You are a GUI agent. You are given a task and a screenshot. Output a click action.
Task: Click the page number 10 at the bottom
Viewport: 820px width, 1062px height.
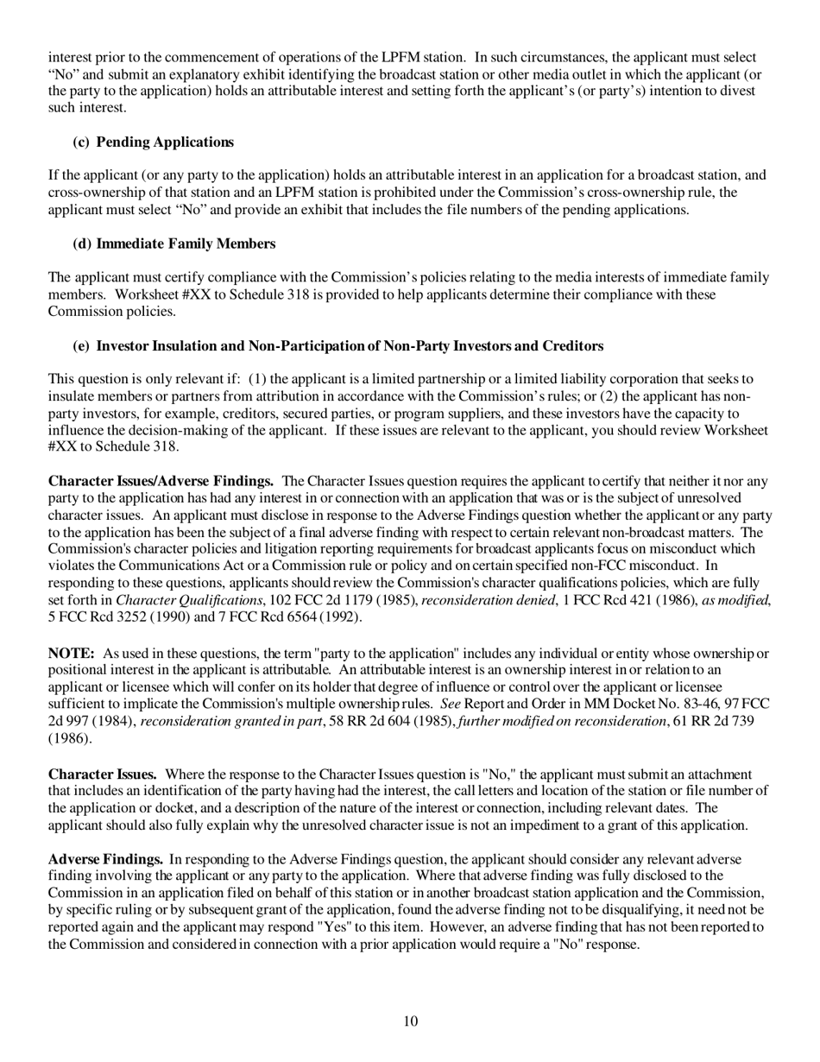[x=410, y=1021]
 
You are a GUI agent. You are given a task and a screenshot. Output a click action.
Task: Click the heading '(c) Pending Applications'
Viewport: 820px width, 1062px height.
[x=153, y=142]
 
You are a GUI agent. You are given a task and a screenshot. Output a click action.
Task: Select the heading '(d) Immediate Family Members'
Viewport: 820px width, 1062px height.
[x=173, y=243]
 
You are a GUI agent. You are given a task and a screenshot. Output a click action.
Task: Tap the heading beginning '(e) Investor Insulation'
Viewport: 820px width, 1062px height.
[x=337, y=345]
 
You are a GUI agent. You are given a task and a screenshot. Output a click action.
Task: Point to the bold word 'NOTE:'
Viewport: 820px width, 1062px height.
[x=71, y=654]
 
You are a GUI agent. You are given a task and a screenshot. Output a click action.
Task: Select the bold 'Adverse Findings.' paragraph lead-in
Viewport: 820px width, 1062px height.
[x=105, y=859]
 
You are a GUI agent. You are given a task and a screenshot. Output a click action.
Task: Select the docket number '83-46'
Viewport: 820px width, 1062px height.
[x=688, y=704]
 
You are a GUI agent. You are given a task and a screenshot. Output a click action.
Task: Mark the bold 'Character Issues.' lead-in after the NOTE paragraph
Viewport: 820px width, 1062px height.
[x=102, y=774]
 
